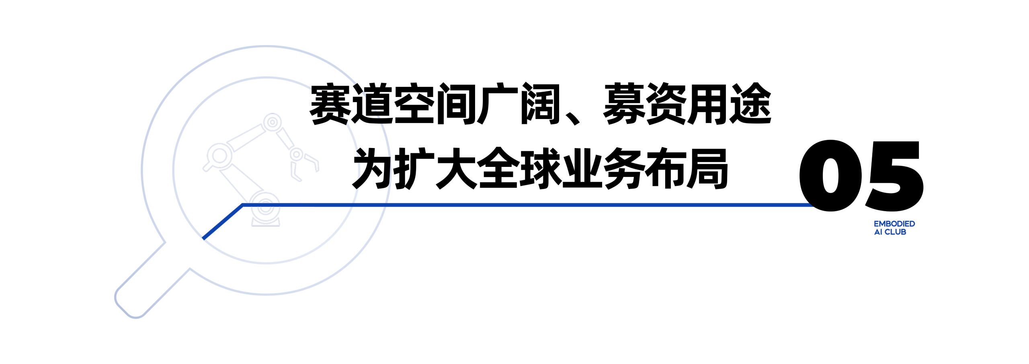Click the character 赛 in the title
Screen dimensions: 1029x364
(x=330, y=104)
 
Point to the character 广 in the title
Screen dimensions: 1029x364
(x=498, y=104)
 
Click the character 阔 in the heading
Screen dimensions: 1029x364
(x=540, y=104)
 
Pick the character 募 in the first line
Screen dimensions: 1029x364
(x=624, y=104)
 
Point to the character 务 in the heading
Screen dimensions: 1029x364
(x=624, y=168)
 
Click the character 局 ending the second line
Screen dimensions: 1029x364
(x=708, y=168)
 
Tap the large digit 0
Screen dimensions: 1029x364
(x=830, y=175)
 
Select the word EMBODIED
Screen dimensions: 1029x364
(x=894, y=224)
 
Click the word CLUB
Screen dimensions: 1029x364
(x=896, y=232)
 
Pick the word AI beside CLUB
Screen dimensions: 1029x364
(x=878, y=232)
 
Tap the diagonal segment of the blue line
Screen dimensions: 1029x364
(x=223, y=222)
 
